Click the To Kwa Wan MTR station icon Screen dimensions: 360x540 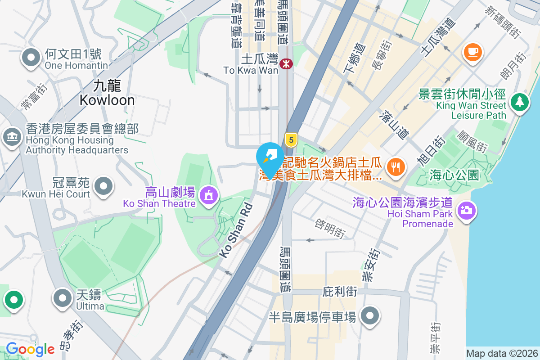[x=286, y=64]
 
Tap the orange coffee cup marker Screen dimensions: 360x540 [x=472, y=52]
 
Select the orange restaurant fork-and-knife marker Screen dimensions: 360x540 [x=396, y=167]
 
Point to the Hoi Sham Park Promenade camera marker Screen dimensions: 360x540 [x=467, y=210]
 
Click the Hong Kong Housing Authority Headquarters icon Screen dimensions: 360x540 [x=12, y=136]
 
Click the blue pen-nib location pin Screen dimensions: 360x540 [x=270, y=157]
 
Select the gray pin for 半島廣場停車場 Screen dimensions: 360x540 [x=370, y=316]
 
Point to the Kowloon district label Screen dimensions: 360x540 [x=107, y=93]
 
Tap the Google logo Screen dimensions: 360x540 [x=30, y=349]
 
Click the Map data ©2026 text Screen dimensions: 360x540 [x=502, y=353]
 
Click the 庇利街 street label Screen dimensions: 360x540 [x=340, y=292]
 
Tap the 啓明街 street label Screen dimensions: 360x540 [x=331, y=229]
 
